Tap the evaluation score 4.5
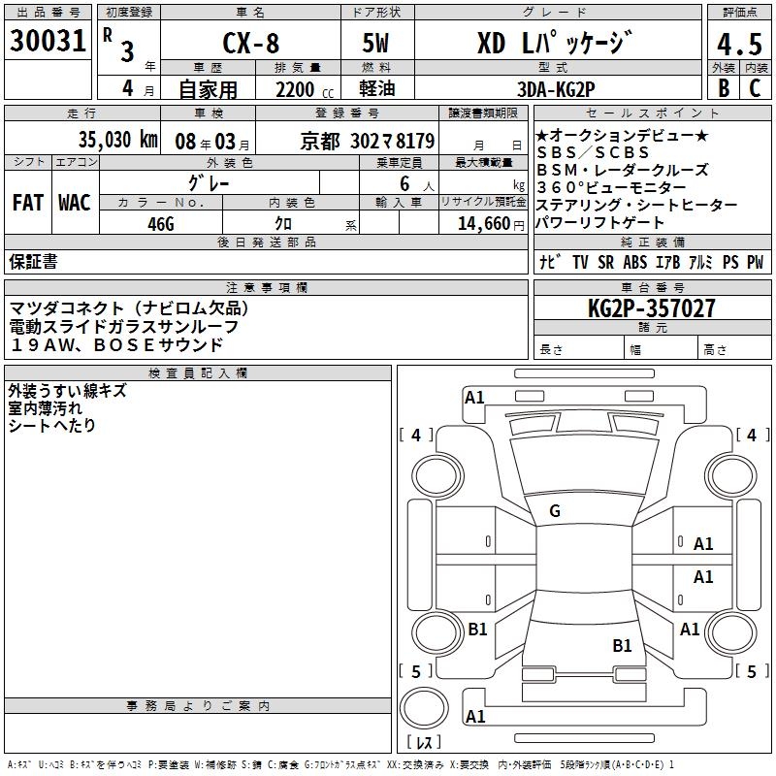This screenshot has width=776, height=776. (738, 45)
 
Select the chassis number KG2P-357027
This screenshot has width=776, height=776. (652, 308)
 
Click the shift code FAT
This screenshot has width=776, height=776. (27, 203)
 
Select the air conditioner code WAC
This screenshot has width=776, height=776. (74, 203)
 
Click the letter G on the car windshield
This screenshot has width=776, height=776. (555, 511)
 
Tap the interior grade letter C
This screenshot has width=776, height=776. (754, 88)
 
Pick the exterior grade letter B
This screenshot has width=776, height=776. (723, 88)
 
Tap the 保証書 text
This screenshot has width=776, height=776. (33, 261)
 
